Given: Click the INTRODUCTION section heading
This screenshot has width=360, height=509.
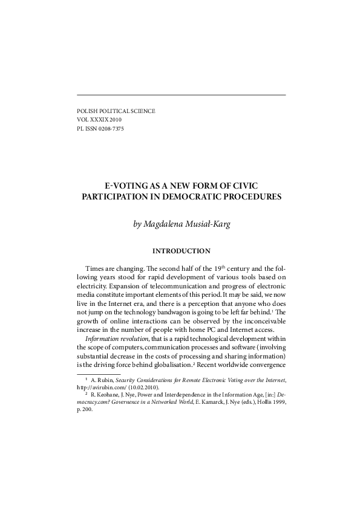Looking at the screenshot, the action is tap(181, 251).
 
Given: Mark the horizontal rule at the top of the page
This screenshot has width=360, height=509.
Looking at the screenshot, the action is tap(182, 95).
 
